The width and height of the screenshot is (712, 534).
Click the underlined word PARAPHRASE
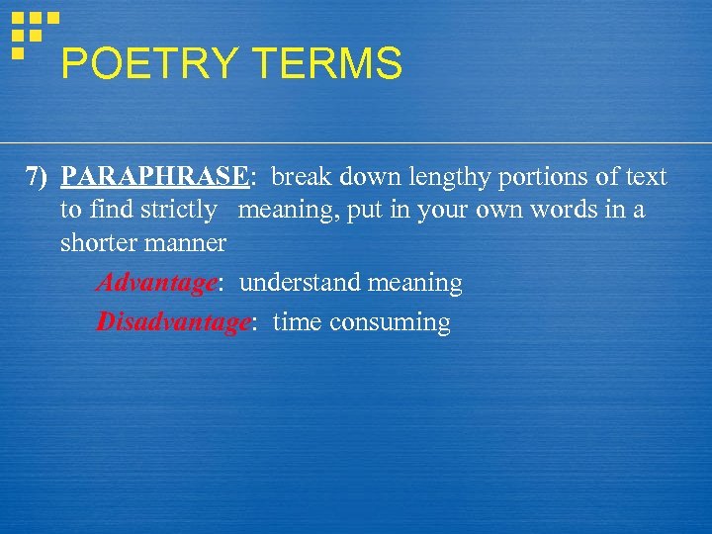(x=153, y=177)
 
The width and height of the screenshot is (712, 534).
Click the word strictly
(x=178, y=210)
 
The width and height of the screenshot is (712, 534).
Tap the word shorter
(x=99, y=242)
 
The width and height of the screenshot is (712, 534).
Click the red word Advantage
(x=156, y=284)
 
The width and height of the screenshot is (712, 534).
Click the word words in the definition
(x=574, y=210)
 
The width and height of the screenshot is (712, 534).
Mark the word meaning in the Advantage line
(x=415, y=284)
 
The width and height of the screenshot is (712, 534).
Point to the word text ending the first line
(x=646, y=177)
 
